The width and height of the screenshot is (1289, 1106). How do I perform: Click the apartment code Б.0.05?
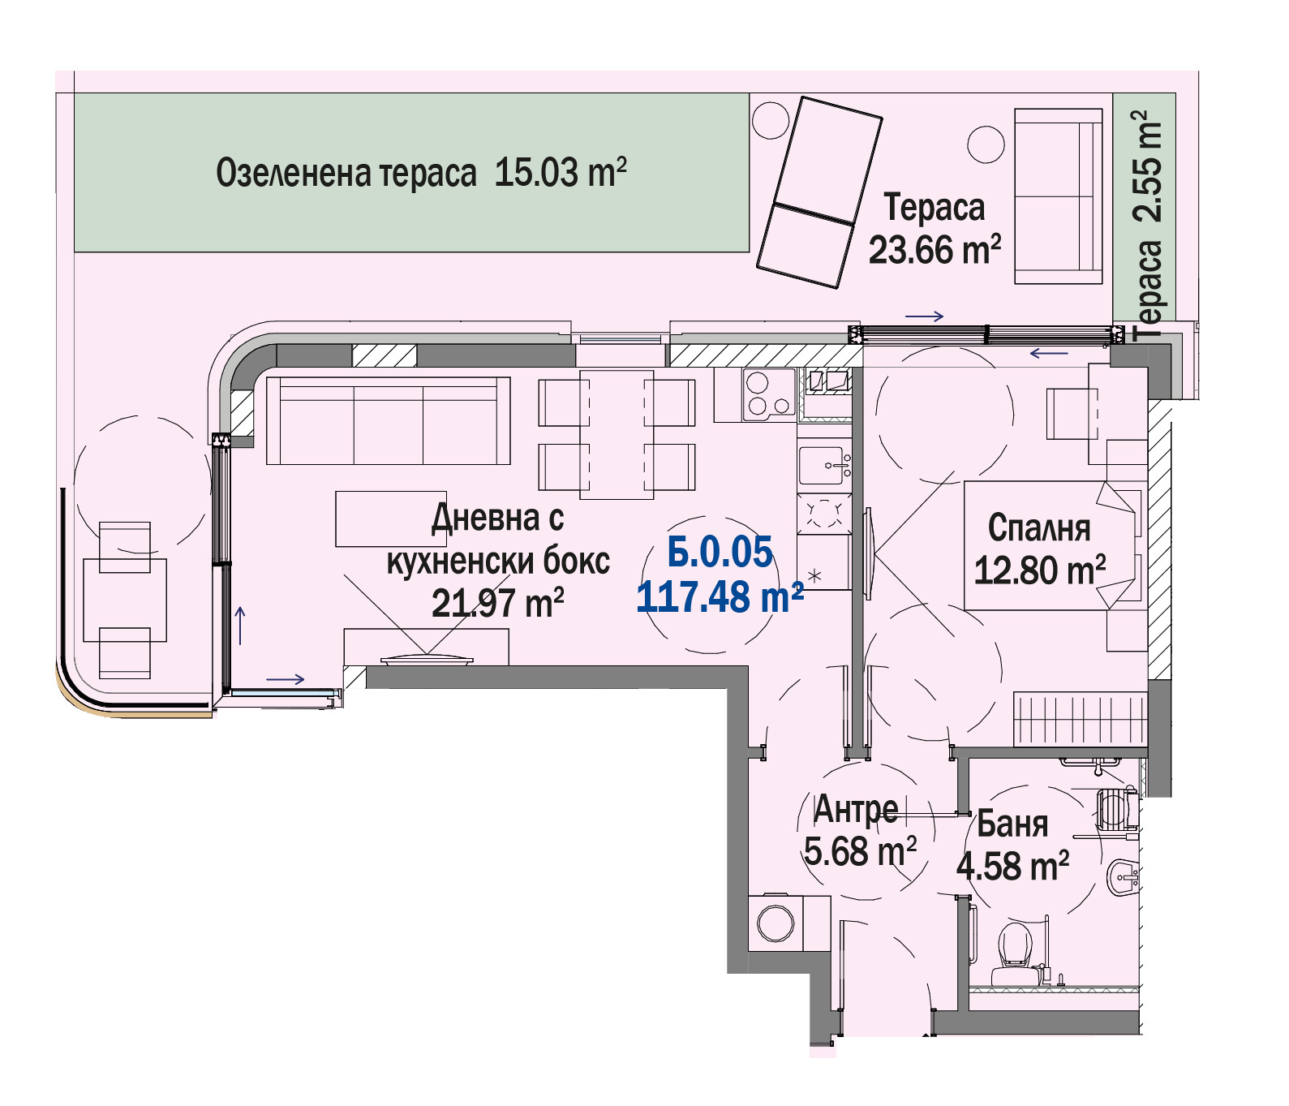(720, 553)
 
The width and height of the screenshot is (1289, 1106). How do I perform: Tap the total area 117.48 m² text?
(720, 597)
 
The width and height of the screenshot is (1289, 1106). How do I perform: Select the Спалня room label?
(1039, 528)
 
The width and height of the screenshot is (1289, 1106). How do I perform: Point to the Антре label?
(856, 809)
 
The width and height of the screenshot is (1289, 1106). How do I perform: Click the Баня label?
(1012, 824)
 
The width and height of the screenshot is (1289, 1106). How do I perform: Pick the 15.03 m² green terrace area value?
(561, 173)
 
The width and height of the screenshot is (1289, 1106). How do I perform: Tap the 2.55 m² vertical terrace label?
(1148, 166)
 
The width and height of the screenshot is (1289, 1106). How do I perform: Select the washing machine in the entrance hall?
(776, 923)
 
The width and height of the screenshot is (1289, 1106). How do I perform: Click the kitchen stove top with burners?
(768, 394)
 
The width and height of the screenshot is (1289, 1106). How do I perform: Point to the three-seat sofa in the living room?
(388, 420)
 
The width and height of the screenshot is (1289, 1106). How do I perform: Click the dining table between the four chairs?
(617, 434)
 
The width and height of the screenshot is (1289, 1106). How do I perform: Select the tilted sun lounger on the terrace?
(819, 192)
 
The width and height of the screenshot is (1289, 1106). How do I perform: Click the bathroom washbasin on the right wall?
(1123, 877)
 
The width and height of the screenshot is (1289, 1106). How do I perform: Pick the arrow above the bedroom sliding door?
(925, 316)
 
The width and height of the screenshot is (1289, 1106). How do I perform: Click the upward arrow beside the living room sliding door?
(240, 625)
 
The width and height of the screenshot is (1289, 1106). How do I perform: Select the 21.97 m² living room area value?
(497, 604)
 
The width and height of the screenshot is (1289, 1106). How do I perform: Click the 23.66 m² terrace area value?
(935, 250)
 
